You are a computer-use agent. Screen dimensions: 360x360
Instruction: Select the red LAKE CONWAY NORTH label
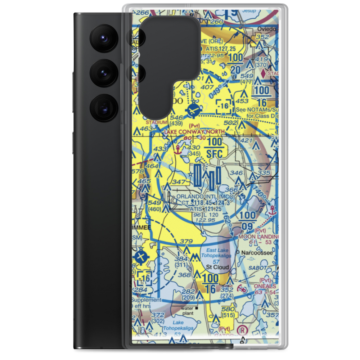[194, 132]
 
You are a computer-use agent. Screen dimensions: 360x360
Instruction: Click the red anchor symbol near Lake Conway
[177, 149]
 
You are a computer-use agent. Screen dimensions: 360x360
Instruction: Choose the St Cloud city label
[217, 267]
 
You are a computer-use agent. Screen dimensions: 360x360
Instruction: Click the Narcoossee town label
[256, 252]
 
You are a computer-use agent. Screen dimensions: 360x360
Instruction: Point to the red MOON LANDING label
[258, 237]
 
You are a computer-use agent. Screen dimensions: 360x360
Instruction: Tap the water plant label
[187, 311]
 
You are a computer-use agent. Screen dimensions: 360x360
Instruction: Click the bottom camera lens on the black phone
[103, 107]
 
